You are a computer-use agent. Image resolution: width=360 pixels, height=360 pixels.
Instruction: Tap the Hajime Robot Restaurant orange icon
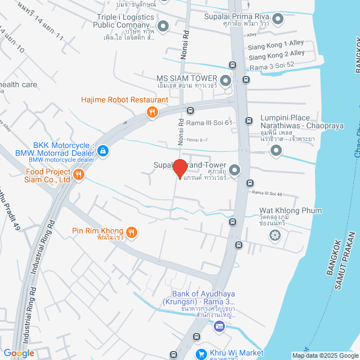point(152,112)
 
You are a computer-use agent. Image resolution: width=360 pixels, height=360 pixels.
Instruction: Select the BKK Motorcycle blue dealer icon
point(103,151)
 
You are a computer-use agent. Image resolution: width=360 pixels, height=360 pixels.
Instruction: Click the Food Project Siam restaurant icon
point(79,174)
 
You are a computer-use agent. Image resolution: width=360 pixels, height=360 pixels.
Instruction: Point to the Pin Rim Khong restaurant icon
point(132,231)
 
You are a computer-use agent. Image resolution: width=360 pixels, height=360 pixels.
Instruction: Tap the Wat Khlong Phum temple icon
point(274,235)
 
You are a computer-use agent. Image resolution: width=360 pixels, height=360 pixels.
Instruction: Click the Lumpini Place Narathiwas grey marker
point(276,150)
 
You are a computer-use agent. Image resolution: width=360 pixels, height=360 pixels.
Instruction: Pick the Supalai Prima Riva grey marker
point(276,19)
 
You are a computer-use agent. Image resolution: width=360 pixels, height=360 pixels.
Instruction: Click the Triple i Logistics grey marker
point(163,25)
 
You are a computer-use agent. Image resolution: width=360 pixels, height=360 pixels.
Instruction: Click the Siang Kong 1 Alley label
point(276,43)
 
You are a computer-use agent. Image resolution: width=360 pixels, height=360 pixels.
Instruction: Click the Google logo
point(18,353)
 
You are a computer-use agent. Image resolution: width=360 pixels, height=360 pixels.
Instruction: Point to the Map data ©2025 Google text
point(325,355)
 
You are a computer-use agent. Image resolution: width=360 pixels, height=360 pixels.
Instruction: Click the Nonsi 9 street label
point(194,139)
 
